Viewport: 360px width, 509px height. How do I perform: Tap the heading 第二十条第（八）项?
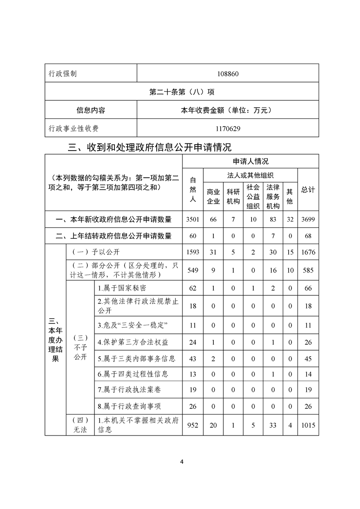point(182,92)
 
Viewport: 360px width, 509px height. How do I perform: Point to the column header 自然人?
point(192,189)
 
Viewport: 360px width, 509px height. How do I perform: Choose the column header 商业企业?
point(213,196)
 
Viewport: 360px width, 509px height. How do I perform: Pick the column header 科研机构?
point(233,196)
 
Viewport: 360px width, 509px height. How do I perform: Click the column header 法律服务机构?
point(273,196)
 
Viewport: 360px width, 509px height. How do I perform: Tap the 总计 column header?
point(308,189)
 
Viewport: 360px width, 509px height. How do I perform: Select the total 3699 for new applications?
point(308,220)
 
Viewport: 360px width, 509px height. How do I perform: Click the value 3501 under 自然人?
point(192,220)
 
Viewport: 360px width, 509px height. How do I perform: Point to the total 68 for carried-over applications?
point(308,236)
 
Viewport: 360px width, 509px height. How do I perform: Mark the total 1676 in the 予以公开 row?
point(308,252)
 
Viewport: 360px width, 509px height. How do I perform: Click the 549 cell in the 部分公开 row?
point(192,269)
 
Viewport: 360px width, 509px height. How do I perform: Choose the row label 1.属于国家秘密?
point(122,288)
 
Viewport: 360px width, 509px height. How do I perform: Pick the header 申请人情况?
point(251,161)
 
